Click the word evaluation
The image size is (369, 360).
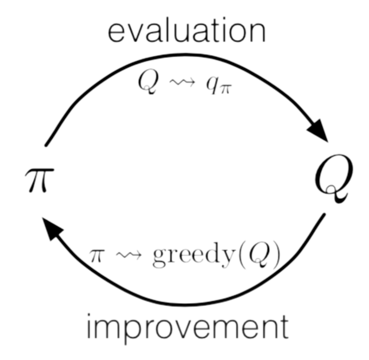point(187,30)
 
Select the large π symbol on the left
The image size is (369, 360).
point(40,180)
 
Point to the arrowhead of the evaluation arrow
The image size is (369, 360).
point(318,130)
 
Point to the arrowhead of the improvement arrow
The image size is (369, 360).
point(53,229)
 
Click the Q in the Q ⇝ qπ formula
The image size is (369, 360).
point(148,83)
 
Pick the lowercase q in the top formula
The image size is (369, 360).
point(212,85)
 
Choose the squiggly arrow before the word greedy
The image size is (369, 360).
point(129,255)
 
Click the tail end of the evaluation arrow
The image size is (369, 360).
point(46,145)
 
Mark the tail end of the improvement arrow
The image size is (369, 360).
point(324,214)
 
